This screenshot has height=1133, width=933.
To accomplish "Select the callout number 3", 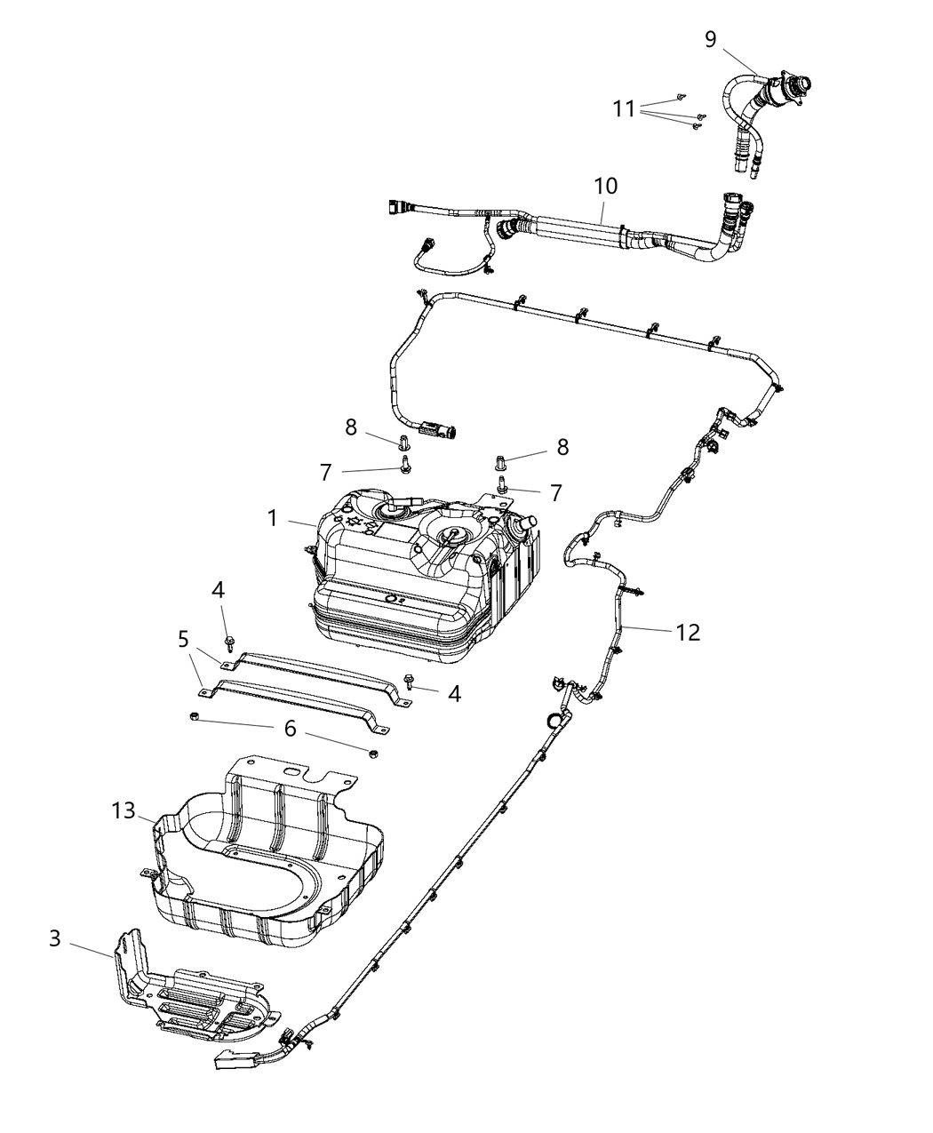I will (x=55, y=938).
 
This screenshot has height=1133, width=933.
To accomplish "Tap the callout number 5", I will (x=183, y=638).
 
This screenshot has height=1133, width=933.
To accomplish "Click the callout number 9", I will (x=710, y=40).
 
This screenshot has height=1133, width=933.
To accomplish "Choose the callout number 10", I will (x=606, y=187).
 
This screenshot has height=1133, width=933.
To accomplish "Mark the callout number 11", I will (x=625, y=108).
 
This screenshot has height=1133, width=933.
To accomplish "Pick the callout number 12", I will (x=688, y=633).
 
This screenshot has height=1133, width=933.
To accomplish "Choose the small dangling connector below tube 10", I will (x=424, y=243).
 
